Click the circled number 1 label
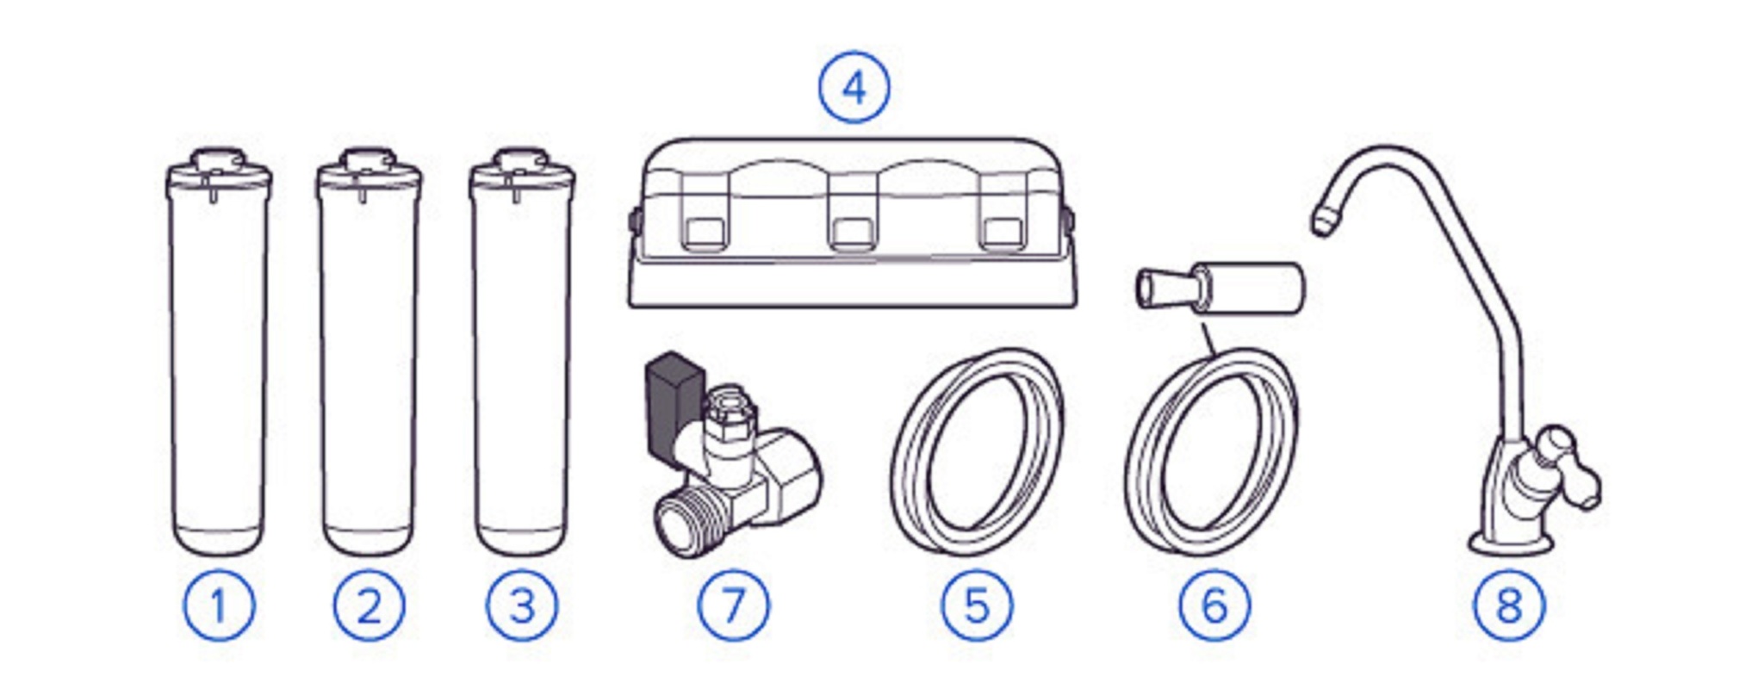(219, 605)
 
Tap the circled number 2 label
(370, 605)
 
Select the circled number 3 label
(522, 605)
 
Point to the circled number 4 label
(854, 88)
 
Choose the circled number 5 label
(977, 605)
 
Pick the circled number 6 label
(1214, 605)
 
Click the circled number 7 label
(733, 605)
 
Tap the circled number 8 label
(1509, 605)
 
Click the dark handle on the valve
(674, 405)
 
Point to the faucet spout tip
(1321, 220)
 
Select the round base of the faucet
(1509, 543)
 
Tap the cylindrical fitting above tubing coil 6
(1221, 289)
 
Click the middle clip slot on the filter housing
(852, 232)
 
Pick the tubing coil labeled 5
(977, 452)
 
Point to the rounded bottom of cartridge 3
(522, 540)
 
